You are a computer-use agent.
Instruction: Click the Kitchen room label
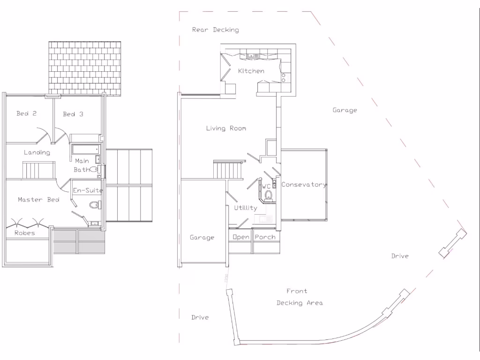[251, 71]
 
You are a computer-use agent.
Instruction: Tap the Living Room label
[226, 128]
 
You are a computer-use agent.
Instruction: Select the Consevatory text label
[304, 185]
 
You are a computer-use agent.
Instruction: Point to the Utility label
[246, 208]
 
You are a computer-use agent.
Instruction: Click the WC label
[266, 187]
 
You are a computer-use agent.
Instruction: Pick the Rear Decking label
[215, 30]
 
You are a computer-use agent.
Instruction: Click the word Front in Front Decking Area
[297, 291]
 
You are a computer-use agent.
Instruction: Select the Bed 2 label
[26, 113]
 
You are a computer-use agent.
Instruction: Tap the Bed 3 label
[73, 114]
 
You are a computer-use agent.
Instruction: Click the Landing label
[37, 152]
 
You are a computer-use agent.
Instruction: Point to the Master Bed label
[38, 200]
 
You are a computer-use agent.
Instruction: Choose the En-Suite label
[88, 190]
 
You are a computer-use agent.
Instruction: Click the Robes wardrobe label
[24, 233]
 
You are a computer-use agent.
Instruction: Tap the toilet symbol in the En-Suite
[95, 204]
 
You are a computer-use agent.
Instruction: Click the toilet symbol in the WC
[269, 195]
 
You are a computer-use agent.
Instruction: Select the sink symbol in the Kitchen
[254, 56]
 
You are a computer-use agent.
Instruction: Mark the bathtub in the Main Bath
[85, 149]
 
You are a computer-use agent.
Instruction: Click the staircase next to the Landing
[39, 170]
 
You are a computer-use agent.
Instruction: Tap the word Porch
[265, 237]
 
